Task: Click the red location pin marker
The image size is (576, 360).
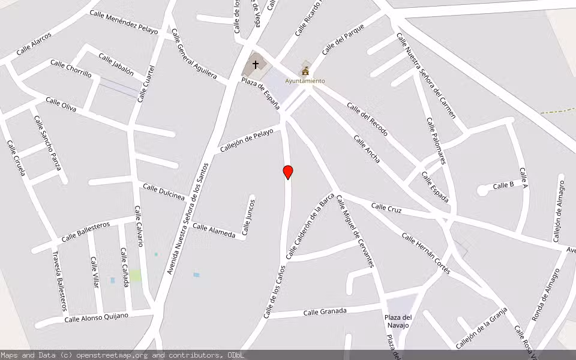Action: click(288, 172)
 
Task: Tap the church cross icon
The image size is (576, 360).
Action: click(256, 64)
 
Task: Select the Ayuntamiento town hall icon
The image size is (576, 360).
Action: click(305, 70)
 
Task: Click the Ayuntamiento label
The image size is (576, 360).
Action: click(305, 81)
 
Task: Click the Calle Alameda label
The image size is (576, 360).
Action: click(214, 230)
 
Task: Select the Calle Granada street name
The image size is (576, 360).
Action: click(325, 311)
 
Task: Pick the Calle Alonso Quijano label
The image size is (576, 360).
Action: click(97, 317)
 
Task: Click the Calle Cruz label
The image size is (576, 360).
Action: click(386, 209)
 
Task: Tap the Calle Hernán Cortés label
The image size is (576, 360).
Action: click(426, 253)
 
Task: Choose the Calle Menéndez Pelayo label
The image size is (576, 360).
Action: click(124, 22)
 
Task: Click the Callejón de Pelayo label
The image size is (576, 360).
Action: click(246, 140)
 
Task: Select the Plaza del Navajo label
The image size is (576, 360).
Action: click(397, 321)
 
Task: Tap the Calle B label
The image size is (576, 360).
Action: click(503, 185)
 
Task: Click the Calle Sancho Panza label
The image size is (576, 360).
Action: click(47, 143)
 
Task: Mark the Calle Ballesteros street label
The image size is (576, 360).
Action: click(86, 231)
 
